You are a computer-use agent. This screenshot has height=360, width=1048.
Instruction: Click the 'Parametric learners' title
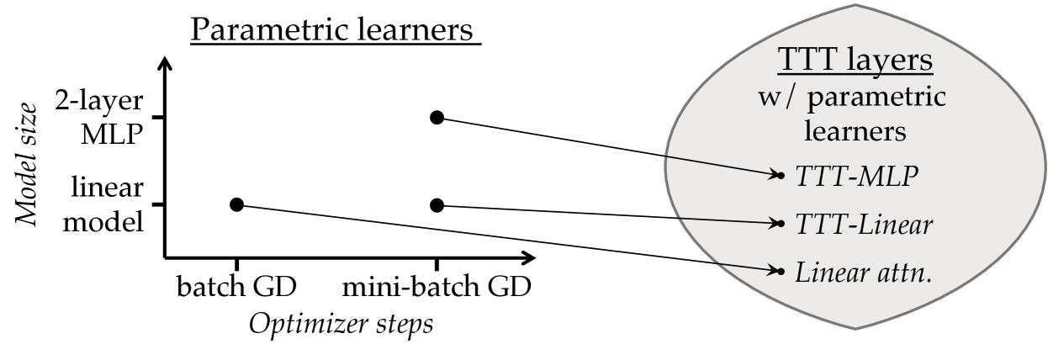click(334, 31)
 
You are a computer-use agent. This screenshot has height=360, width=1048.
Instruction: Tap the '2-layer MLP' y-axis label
click(112, 118)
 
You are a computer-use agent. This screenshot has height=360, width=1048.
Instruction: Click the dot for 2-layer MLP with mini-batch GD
click(437, 117)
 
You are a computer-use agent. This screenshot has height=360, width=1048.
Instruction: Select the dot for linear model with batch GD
click(236, 204)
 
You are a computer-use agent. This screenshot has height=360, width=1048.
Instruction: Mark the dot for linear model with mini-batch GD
click(437, 204)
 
